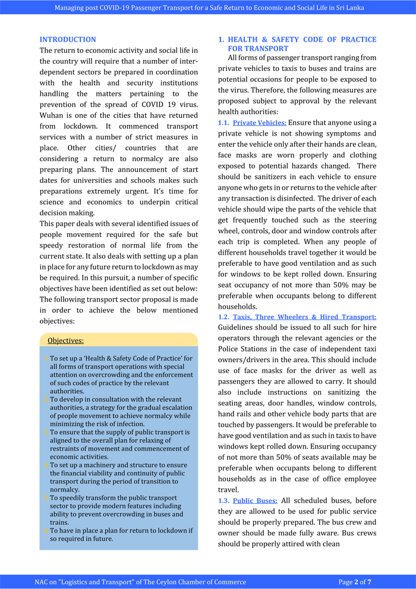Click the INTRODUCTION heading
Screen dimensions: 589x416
pyautogui.click(x=68, y=40)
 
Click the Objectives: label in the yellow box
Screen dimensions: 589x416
pyautogui.click(x=65, y=341)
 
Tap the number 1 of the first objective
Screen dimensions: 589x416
pyautogui.click(x=47, y=359)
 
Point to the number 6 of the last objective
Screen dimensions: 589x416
pyautogui.click(x=47, y=531)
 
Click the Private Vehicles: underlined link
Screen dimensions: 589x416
pyautogui.click(x=259, y=123)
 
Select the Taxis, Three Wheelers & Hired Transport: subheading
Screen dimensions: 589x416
pyautogui.click(x=304, y=317)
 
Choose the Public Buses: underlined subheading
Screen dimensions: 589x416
pyautogui.click(x=255, y=500)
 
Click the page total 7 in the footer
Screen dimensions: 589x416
pyautogui.click(x=370, y=582)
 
